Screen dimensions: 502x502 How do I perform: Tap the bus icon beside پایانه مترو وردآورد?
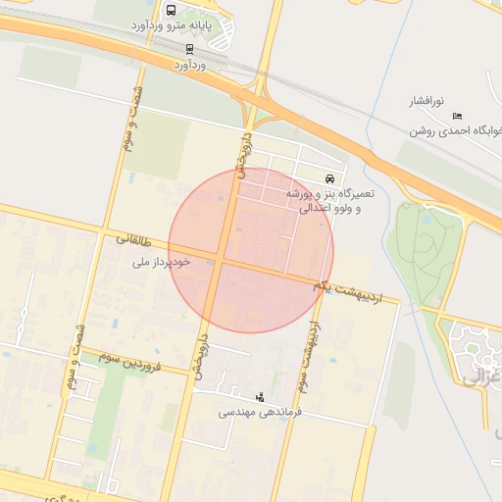(x=172, y=11)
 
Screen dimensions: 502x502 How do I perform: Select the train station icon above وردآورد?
(x=189, y=48)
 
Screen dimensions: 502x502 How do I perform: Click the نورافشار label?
(x=427, y=101)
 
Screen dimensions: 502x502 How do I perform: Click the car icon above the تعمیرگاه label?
(x=332, y=179)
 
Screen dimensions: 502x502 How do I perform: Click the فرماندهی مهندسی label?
(x=260, y=413)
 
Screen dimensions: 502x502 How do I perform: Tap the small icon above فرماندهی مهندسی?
(x=260, y=397)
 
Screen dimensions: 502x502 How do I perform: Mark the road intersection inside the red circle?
(x=222, y=261)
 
